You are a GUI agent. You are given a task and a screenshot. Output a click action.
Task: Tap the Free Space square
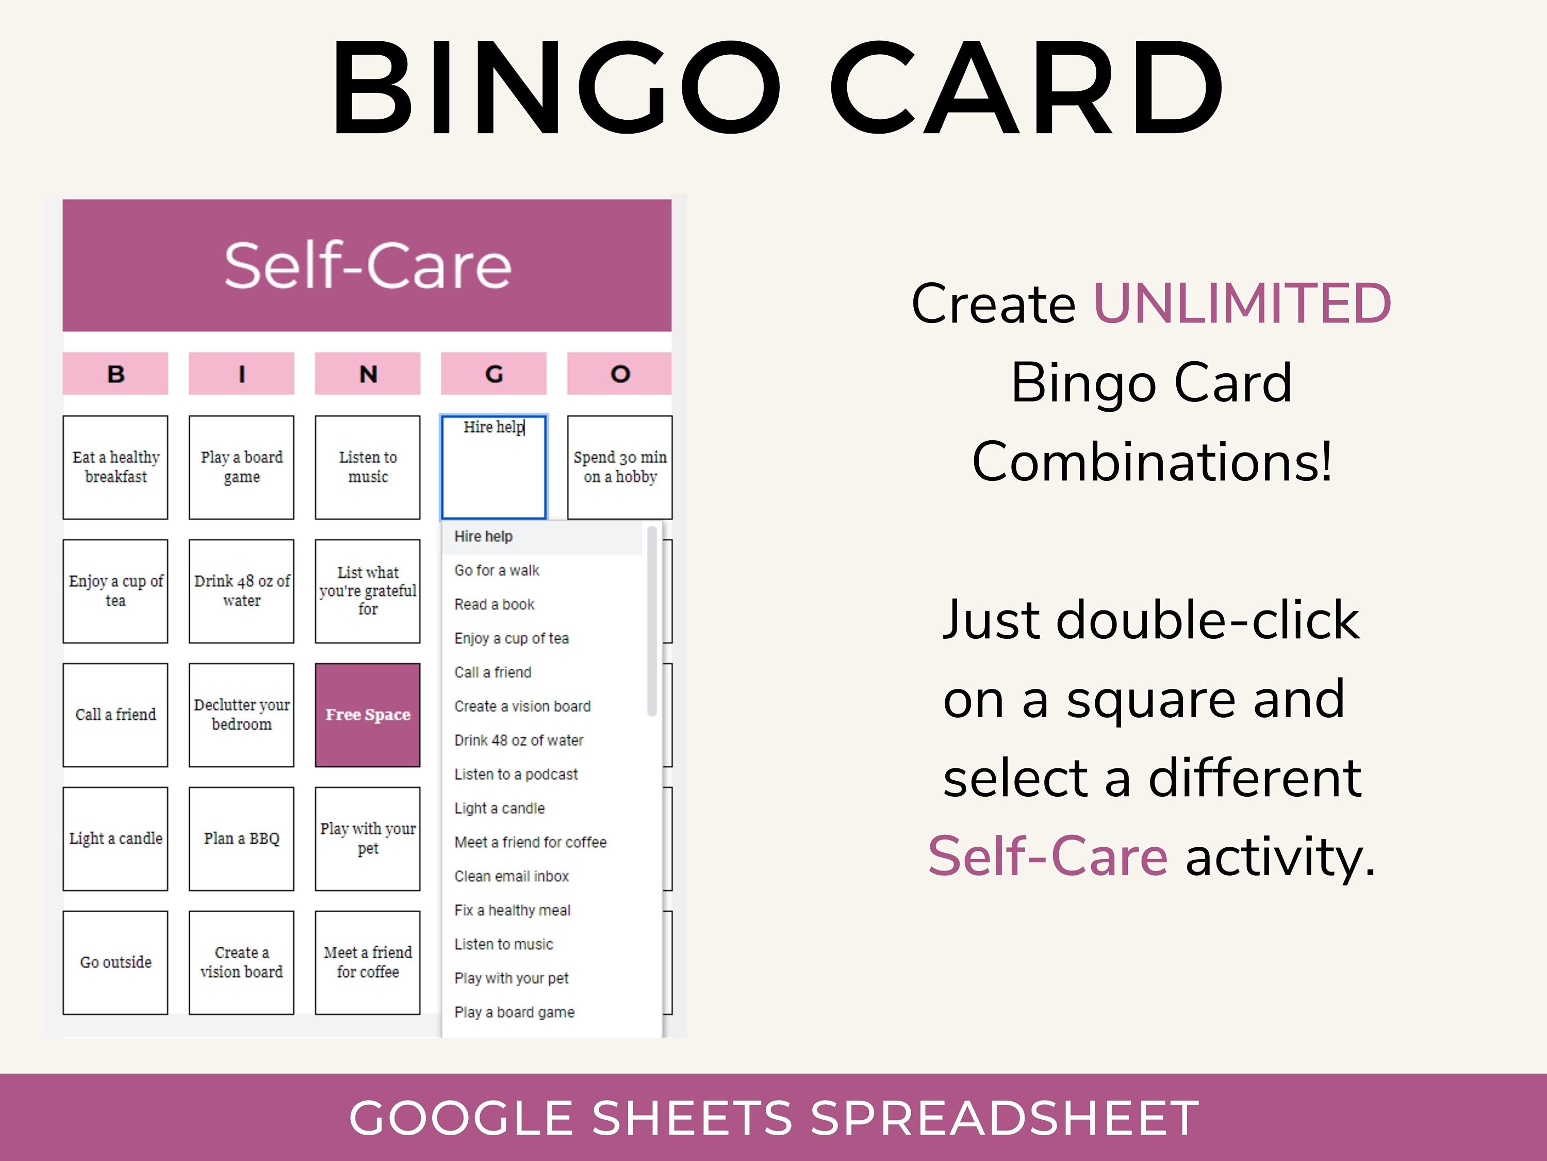click(367, 715)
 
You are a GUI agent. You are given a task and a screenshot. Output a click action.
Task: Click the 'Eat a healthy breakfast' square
click(116, 467)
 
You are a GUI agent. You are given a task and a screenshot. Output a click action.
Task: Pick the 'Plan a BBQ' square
click(241, 838)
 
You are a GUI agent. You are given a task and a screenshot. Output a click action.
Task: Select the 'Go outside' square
click(116, 962)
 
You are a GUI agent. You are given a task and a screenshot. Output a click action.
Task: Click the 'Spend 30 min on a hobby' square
click(620, 467)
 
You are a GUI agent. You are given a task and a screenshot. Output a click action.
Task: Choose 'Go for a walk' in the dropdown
click(497, 570)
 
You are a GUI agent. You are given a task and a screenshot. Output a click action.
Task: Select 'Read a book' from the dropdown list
click(495, 604)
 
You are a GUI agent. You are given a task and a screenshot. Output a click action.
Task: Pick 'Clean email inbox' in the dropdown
click(511, 876)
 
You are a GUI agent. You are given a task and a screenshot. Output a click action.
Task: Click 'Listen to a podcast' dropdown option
click(516, 774)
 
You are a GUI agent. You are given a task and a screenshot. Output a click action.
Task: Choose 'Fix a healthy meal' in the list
click(512, 910)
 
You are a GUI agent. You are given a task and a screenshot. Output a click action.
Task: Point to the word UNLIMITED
click(1242, 304)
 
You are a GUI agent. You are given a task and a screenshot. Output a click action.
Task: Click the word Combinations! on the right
click(1152, 462)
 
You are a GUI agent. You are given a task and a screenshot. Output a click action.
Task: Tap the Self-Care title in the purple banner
click(367, 265)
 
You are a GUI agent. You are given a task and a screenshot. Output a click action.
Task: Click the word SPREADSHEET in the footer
click(1005, 1118)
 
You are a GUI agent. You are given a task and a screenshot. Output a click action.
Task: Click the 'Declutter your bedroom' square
click(241, 715)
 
